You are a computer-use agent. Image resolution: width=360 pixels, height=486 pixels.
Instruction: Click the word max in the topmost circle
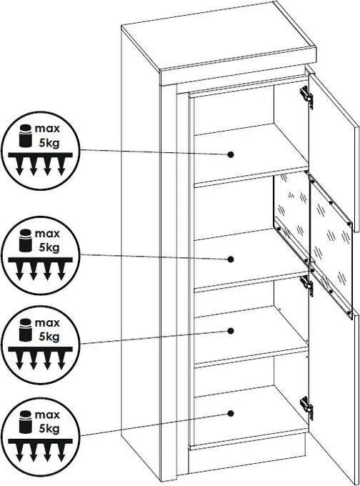pyautogui.click(x=47, y=129)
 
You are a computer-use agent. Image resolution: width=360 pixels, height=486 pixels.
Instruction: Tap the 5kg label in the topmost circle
pyautogui.click(x=49, y=142)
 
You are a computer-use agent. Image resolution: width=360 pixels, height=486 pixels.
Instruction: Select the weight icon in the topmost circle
pyautogui.click(x=26, y=136)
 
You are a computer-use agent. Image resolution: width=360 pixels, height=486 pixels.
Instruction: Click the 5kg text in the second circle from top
pyautogui.click(x=49, y=248)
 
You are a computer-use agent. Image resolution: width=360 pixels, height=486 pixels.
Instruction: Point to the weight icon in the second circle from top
pyautogui.click(x=26, y=241)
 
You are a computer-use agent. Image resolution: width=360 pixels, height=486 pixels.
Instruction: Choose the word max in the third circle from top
pyautogui.click(x=47, y=323)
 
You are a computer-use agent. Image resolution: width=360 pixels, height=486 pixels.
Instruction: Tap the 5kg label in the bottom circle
pyautogui.click(x=49, y=429)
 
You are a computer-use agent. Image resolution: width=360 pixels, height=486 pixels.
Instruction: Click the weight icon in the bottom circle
pyautogui.click(x=26, y=422)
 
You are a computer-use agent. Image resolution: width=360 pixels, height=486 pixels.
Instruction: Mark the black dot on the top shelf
pyautogui.click(x=230, y=154)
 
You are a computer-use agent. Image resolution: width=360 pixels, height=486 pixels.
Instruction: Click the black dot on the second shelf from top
pyautogui.click(x=230, y=259)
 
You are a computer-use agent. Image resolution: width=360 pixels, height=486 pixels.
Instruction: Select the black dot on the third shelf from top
pyautogui.click(x=230, y=331)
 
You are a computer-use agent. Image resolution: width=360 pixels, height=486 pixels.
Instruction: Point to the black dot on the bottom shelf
pyautogui.click(x=230, y=413)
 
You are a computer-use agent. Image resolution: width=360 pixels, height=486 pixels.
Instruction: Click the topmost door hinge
pyautogui.click(x=306, y=96)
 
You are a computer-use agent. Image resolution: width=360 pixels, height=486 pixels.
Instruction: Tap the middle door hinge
pyautogui.click(x=306, y=285)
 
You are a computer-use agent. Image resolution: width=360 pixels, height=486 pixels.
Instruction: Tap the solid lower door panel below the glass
pyautogui.click(x=334, y=397)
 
